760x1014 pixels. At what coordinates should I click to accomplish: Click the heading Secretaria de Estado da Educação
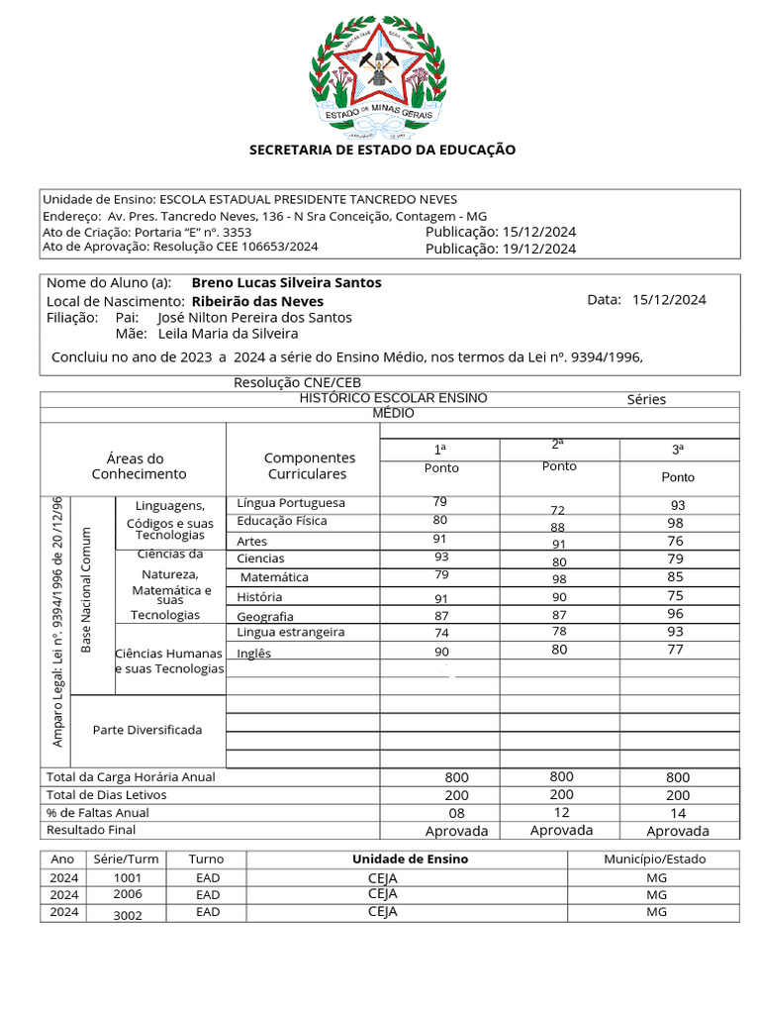[x=382, y=150]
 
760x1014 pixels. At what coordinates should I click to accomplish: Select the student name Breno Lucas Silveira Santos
[x=286, y=282]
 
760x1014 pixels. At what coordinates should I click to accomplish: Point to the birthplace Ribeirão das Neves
[x=257, y=301]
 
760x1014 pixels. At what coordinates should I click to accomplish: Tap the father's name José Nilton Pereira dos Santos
[x=254, y=318]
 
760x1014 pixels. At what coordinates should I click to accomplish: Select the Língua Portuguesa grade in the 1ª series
[x=440, y=502]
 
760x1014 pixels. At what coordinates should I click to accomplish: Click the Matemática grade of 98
[x=559, y=578]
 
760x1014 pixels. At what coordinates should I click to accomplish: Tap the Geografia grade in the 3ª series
[x=676, y=613]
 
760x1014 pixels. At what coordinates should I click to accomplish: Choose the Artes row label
[x=251, y=542]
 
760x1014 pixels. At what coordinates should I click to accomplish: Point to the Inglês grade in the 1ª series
[x=441, y=652]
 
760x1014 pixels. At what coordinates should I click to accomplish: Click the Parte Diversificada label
[x=147, y=730]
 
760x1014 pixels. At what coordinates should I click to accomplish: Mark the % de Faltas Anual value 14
[x=678, y=813]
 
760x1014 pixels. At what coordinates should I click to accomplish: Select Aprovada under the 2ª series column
[x=561, y=830]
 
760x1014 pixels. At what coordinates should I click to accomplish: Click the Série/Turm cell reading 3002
[x=128, y=915]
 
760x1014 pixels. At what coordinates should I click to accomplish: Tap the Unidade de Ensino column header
[x=410, y=859]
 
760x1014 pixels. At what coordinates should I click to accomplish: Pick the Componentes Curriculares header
[x=310, y=466]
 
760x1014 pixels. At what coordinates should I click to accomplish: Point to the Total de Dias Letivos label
[x=107, y=795]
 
